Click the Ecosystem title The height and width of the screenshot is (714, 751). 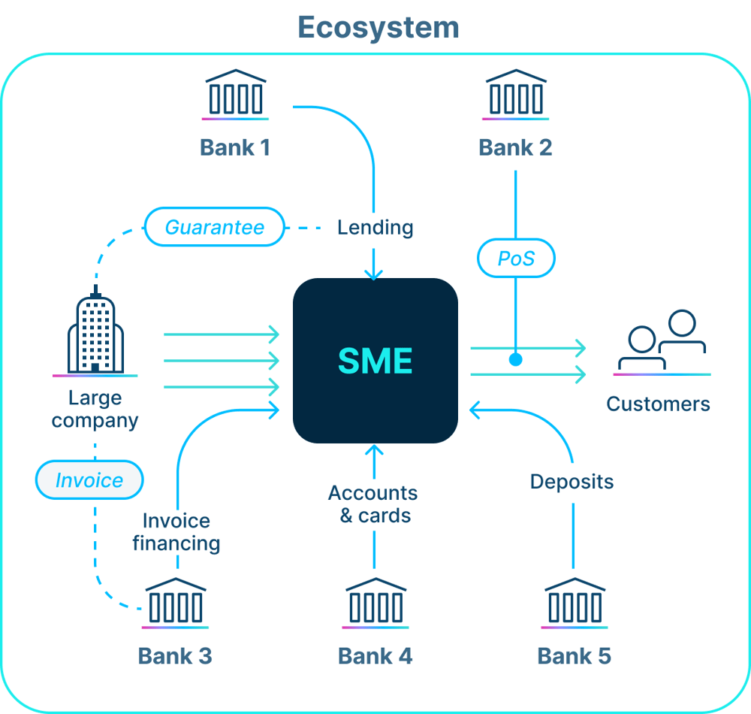[378, 28]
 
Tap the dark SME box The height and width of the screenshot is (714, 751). [375, 361]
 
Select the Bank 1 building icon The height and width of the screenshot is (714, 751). [235, 95]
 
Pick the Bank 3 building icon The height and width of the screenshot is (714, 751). [175, 603]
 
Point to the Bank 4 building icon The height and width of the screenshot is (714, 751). [375, 603]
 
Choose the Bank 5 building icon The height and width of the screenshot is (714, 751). [575, 603]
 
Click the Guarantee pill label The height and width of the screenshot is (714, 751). [215, 227]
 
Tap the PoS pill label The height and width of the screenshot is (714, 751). [516, 259]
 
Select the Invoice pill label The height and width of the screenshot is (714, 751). [89, 480]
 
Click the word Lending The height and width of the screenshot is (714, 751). [375, 227]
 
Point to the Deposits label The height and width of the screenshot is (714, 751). [572, 482]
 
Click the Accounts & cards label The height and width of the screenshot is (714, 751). [373, 504]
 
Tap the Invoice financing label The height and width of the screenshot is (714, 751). [176, 531]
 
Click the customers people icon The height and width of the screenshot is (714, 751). [662, 342]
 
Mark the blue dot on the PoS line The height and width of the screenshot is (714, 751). [515, 359]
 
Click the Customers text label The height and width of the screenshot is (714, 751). [658, 404]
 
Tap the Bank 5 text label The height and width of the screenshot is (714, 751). [574, 656]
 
